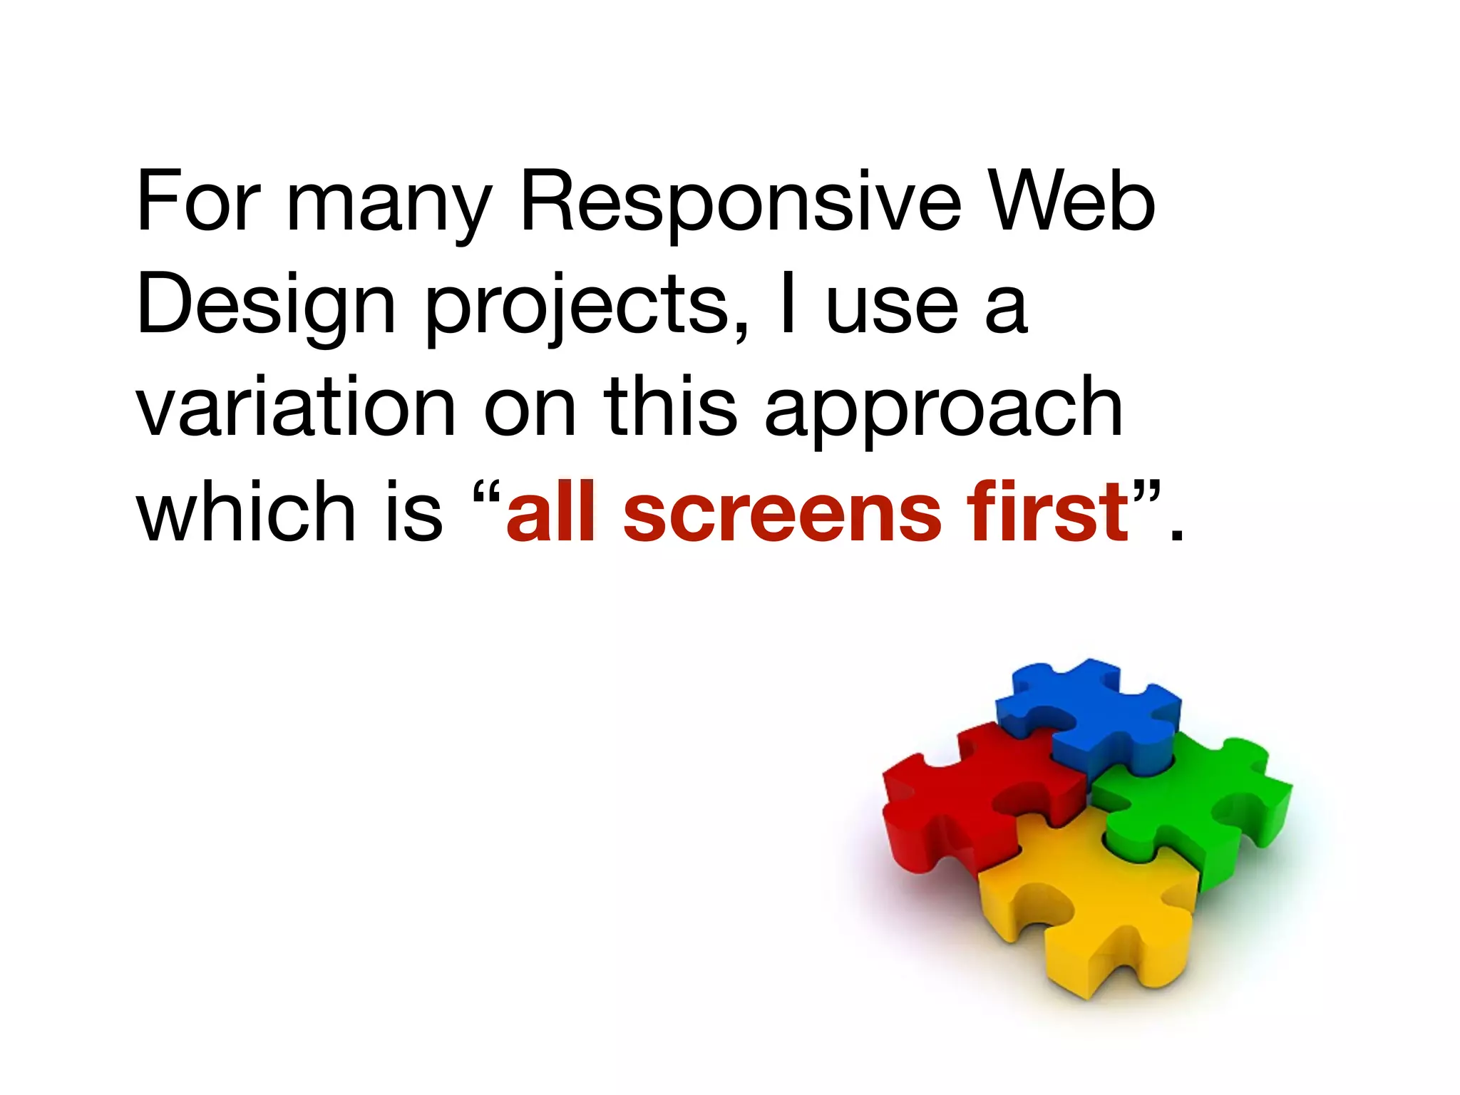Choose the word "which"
point(246,510)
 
